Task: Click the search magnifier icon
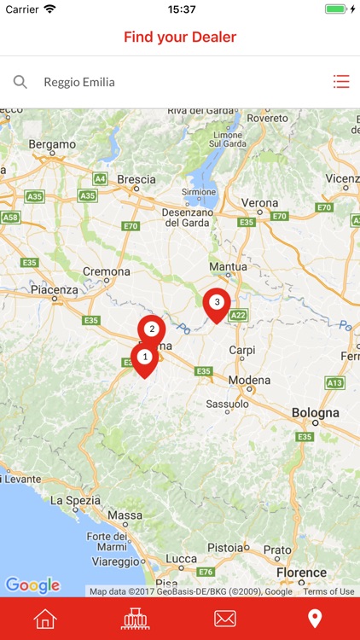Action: point(20,82)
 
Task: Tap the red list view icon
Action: point(341,82)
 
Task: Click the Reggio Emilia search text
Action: point(79,83)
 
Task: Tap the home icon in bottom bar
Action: point(44,619)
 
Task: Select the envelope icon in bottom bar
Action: point(225,619)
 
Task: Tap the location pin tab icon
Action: point(315,619)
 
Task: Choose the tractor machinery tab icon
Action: point(135,619)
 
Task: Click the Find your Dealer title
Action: point(180,37)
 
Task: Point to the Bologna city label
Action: point(315,413)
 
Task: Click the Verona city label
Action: point(259,203)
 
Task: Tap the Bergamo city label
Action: point(52,144)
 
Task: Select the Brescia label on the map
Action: point(136,179)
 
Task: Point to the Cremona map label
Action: point(107,272)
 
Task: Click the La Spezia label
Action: point(78,500)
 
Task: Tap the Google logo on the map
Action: point(32,585)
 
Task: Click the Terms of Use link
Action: point(328,591)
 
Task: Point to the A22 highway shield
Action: point(238,315)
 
